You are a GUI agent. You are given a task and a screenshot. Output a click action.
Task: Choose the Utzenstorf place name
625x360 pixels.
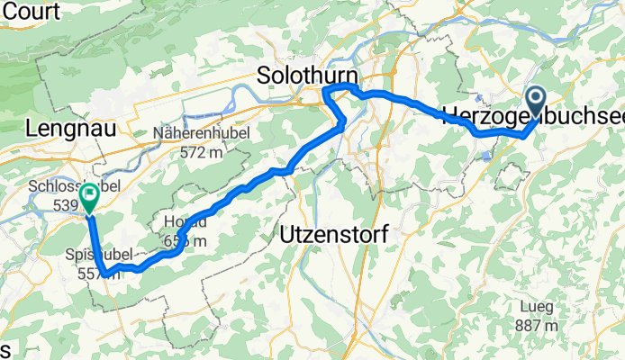pyautogui.click(x=334, y=234)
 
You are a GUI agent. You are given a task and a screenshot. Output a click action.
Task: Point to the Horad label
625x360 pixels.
pyautogui.click(x=185, y=222)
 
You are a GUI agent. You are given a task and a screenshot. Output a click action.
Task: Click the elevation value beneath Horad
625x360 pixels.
pyautogui.click(x=186, y=240)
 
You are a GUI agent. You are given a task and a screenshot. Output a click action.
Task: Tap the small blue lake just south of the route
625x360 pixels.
pyautogui.click(x=487, y=155)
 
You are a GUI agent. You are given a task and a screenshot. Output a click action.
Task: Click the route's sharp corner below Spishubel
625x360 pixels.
pyautogui.click(x=106, y=271)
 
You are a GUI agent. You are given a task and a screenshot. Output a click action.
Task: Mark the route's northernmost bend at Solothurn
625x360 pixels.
pyautogui.click(x=348, y=85)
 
